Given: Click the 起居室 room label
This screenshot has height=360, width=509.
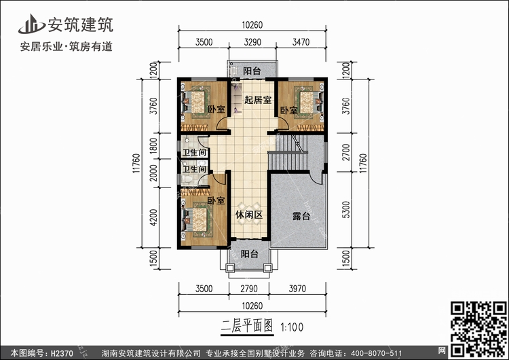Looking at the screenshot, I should click(259, 100).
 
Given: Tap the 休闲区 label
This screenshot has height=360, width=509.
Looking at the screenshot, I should click(249, 215).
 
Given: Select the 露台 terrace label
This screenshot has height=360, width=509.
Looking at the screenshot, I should click(301, 216).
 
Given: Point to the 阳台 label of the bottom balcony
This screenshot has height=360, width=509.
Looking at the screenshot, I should click(250, 254).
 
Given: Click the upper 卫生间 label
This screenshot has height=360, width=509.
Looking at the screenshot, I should click(195, 152).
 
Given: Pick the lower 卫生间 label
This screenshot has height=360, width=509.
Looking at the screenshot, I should click(195, 168).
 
